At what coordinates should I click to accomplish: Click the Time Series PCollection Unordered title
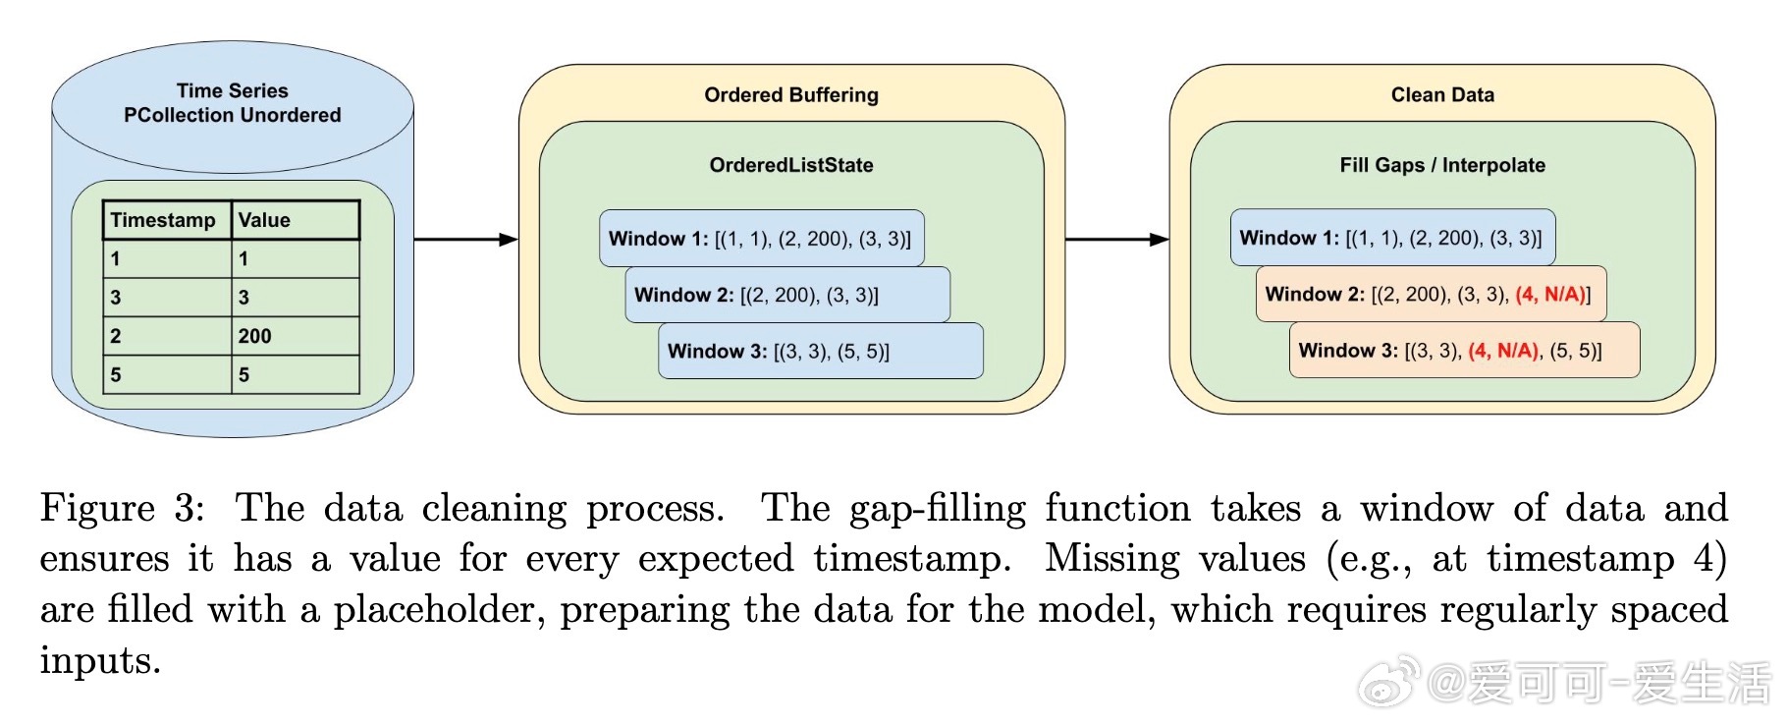(x=233, y=103)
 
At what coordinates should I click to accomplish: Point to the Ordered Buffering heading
(x=791, y=95)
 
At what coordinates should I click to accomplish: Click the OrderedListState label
(x=791, y=165)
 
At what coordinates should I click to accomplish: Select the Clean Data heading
(x=1442, y=95)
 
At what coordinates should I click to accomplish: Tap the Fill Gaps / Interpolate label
(x=1442, y=165)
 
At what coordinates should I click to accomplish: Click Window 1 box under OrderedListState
(x=762, y=238)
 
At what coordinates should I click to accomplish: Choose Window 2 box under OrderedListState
(x=787, y=295)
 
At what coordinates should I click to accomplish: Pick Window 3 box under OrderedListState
(x=821, y=351)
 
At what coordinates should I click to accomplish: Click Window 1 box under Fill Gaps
(x=1392, y=238)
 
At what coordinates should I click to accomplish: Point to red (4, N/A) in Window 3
(x=1503, y=351)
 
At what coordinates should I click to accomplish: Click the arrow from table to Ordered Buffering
(x=466, y=239)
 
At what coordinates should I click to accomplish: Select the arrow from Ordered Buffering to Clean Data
(x=1117, y=239)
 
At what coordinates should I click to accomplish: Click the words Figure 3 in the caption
(x=122, y=509)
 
